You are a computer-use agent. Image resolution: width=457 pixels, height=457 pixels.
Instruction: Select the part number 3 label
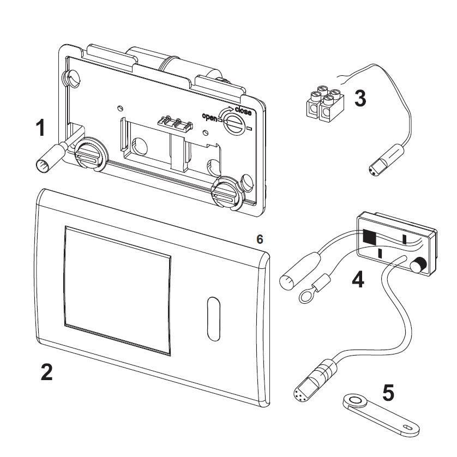(360, 99)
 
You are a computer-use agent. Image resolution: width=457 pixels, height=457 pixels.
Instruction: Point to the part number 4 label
(358, 279)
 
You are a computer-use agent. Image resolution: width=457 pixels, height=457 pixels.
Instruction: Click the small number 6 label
(260, 239)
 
